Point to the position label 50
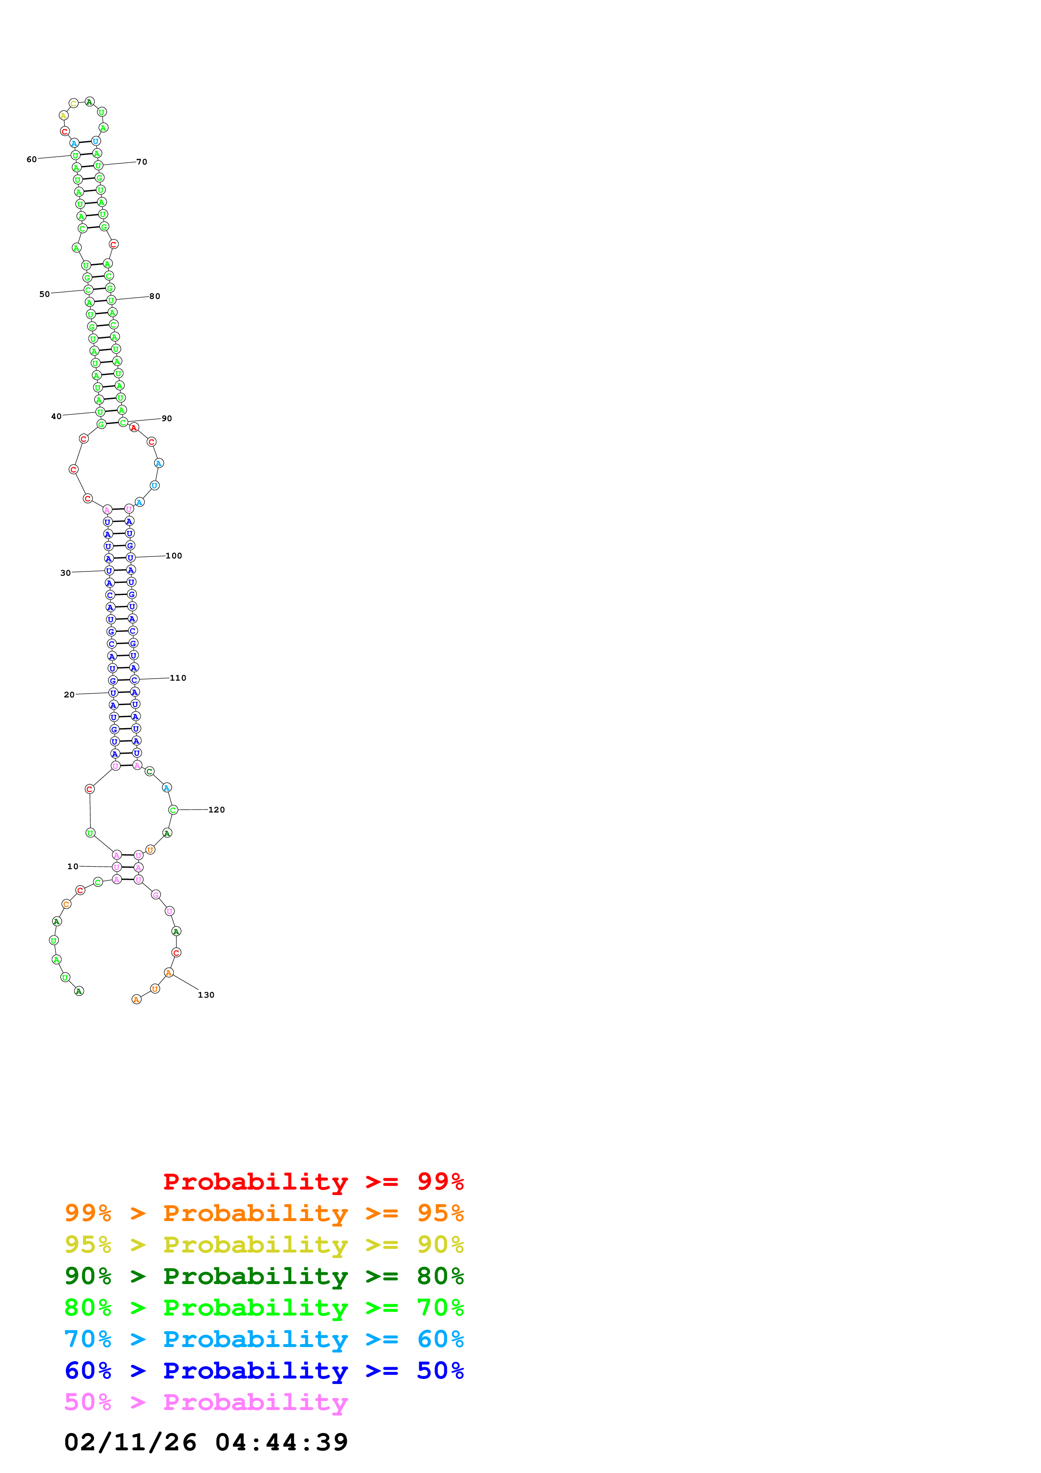(x=44, y=294)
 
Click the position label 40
(x=56, y=417)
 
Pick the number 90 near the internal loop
(x=167, y=418)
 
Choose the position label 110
(x=178, y=677)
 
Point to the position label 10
(x=73, y=866)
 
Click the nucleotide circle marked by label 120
(x=173, y=810)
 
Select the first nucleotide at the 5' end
(x=79, y=991)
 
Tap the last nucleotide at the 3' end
(x=136, y=999)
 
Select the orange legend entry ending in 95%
(x=264, y=1213)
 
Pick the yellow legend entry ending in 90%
(x=264, y=1245)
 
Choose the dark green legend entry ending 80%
(x=264, y=1276)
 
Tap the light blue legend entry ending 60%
(x=264, y=1339)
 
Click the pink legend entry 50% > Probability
(x=206, y=1402)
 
